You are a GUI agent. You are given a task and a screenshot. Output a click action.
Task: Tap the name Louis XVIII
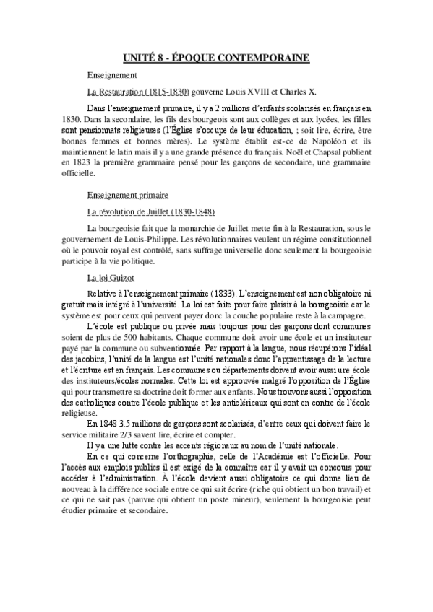click(x=231, y=92)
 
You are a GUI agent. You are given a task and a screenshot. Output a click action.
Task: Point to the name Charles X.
click(x=286, y=92)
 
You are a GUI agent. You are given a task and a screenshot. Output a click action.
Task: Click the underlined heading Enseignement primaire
click(x=127, y=195)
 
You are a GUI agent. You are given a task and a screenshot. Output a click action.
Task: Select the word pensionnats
click(x=120, y=134)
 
